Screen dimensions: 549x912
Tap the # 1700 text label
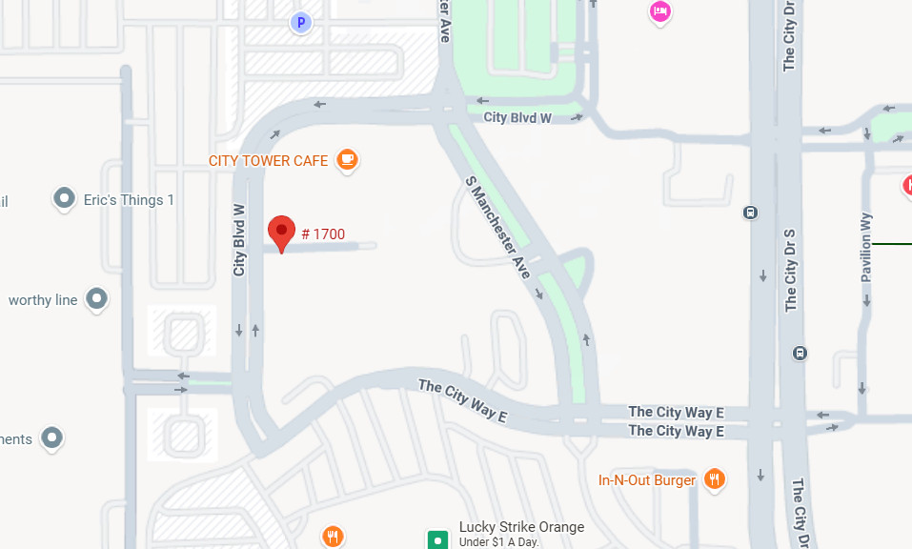point(323,234)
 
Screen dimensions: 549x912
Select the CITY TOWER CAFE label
point(268,161)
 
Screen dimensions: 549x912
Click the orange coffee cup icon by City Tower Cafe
point(348,160)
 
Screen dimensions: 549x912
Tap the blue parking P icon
point(301,21)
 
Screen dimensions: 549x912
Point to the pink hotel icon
point(659,11)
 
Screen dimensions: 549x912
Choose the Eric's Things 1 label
point(130,200)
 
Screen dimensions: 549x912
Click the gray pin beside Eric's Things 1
point(64,199)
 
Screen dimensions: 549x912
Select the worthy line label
point(43,300)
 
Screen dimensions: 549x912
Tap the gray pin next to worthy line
point(96,299)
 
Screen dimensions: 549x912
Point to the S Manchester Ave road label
point(497,227)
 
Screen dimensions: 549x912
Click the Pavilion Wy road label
point(866,246)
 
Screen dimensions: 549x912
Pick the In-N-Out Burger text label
point(647,480)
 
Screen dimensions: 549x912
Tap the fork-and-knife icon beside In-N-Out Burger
point(714,479)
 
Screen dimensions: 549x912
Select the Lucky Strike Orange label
point(521,527)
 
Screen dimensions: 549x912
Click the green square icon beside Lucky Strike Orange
point(437,539)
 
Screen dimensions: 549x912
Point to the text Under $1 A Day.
point(499,542)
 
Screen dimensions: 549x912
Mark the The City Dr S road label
point(790,271)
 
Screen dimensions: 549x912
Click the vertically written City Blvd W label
point(239,241)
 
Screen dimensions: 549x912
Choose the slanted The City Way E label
point(463,400)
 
